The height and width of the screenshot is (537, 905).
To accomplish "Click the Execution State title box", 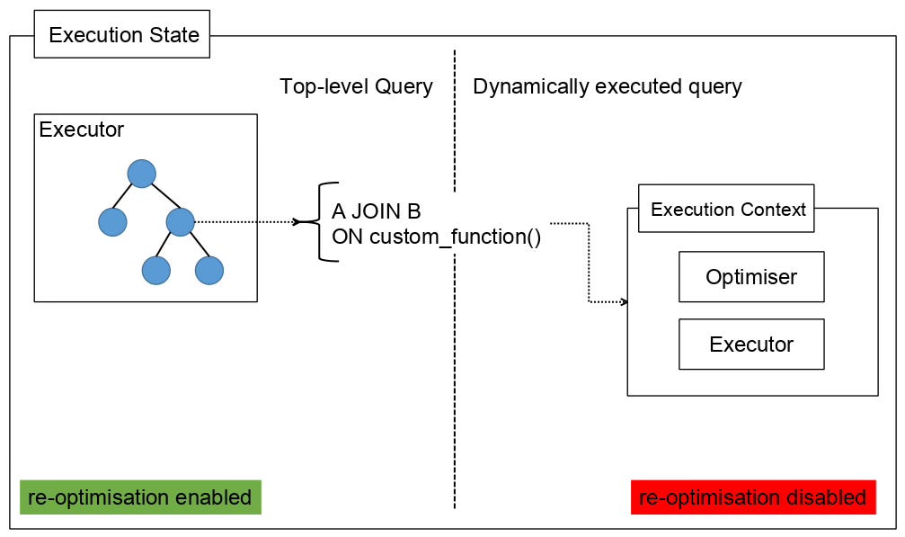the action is pos(122,34).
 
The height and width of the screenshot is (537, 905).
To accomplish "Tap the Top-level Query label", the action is pos(356,86).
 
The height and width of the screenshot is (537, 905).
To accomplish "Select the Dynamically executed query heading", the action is pos(608,86).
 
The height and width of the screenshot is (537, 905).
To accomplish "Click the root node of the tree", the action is pos(141,174).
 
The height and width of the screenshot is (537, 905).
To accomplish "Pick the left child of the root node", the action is pos(112,222).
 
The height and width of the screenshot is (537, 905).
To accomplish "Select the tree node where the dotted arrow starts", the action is pos(180,222).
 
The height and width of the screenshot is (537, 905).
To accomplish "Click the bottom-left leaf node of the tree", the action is pos(155,270).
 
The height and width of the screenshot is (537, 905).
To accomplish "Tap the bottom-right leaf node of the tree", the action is pos(209,270).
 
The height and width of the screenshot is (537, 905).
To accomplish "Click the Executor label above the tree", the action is pos(82,130).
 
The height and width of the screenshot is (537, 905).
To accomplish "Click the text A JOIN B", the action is pos(377,211).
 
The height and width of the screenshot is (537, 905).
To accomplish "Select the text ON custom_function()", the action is pos(437,237).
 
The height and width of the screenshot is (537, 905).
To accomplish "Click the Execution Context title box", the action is pos(726,209).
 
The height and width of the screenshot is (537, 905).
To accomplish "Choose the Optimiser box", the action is pos(751,276).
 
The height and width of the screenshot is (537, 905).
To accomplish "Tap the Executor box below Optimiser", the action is pos(751,345).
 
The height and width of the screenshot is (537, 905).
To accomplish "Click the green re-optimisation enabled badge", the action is pos(140,497).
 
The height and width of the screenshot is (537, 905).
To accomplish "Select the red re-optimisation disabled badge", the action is pos(753,497).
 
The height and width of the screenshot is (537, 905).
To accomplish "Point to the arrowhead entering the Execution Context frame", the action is pos(624,301).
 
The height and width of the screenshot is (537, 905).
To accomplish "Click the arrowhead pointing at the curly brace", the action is pos(296,222).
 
